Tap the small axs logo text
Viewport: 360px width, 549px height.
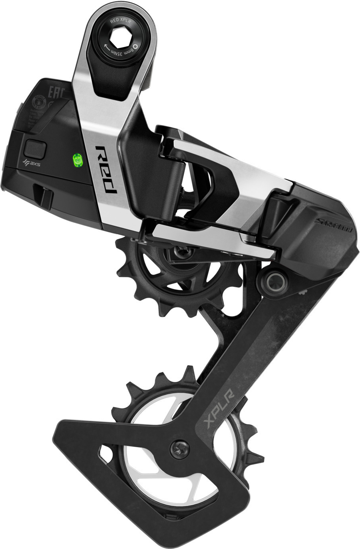(32, 163)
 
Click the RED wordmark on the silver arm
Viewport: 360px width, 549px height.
(106, 169)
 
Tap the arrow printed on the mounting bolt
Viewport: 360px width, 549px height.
(107, 48)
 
